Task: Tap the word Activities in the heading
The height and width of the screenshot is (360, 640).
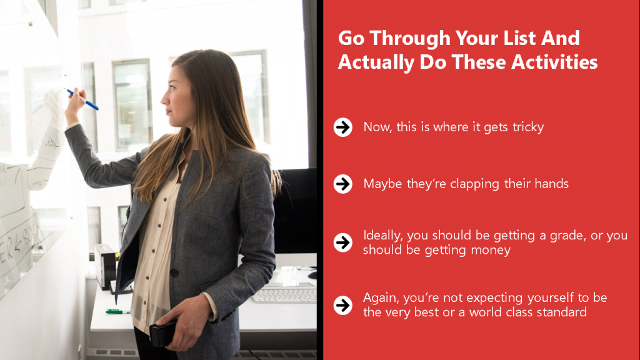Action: coord(554,62)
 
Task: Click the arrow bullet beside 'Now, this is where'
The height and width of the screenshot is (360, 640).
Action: coord(343,127)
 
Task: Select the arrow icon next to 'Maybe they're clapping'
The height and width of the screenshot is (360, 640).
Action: coord(343,184)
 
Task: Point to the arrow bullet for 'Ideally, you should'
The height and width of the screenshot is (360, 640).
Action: coord(343,242)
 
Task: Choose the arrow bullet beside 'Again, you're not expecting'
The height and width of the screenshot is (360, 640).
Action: coord(343,305)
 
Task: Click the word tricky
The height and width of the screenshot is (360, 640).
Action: coord(528,127)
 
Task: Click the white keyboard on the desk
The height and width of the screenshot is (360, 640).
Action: coord(284,296)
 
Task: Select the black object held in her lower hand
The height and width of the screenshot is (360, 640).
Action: coord(163,333)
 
